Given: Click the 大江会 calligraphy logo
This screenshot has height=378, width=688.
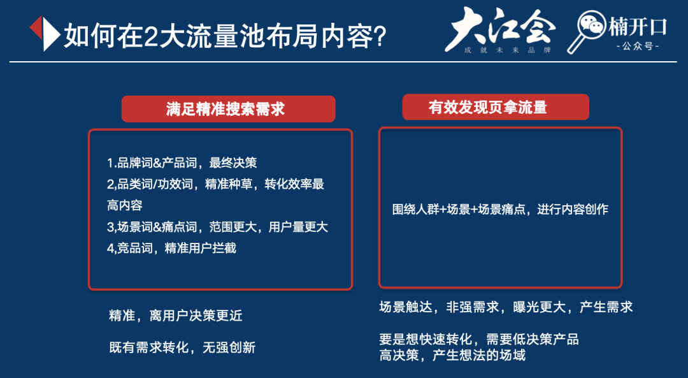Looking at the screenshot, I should click(499, 27).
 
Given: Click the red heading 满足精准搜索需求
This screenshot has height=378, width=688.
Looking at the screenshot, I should click(228, 109).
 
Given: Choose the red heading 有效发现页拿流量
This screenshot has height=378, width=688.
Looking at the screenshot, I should click(495, 107).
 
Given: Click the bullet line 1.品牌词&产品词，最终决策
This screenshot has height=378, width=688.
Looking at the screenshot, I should click(182, 163).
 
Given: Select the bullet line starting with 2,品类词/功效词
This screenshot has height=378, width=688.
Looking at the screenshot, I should click(215, 184).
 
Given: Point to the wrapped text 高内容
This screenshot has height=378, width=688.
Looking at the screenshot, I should click(124, 205).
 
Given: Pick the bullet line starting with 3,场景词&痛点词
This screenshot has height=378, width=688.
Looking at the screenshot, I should click(217, 227).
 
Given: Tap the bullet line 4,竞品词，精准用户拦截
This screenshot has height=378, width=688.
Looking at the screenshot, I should click(171, 248).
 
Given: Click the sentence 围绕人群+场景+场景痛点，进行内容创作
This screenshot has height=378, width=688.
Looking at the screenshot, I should click(500, 209).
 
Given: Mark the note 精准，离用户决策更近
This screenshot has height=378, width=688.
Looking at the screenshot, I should click(176, 316).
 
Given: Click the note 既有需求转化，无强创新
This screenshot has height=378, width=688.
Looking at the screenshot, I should click(182, 347).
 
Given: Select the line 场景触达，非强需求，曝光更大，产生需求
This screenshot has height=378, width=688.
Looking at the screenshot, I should click(506, 307).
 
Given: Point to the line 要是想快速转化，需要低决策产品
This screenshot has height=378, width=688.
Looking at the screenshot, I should click(479, 339).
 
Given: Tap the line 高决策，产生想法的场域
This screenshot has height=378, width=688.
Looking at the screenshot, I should click(452, 355).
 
